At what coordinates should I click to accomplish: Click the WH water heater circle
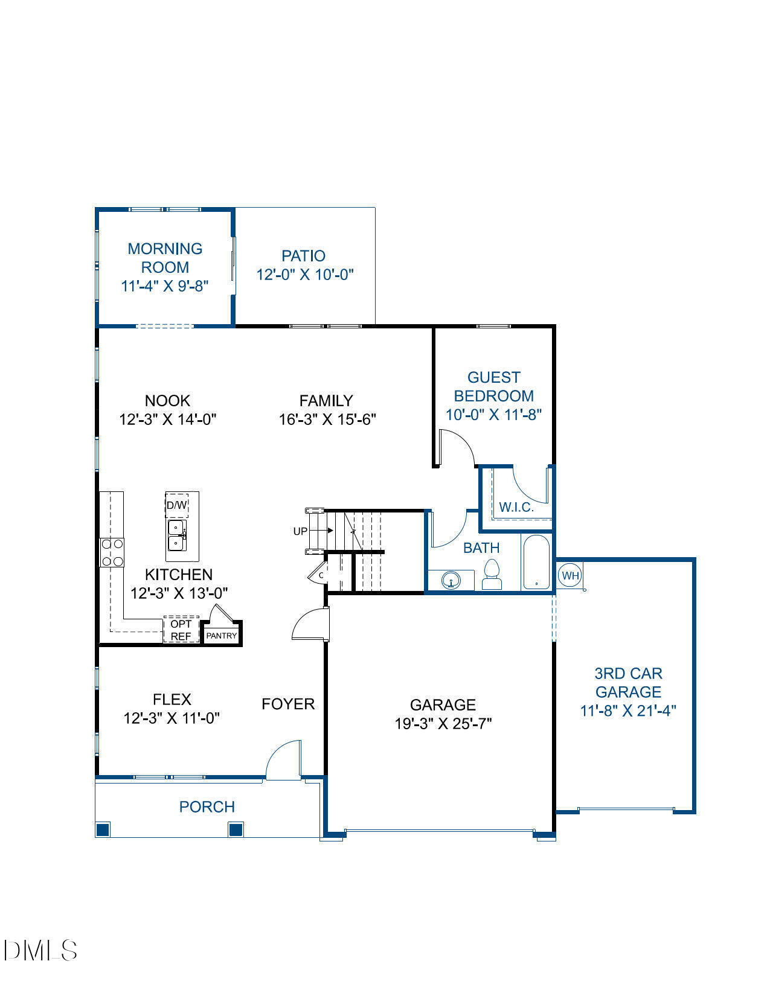569,575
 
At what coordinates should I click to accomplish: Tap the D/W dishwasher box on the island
177,505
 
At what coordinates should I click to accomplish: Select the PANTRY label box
222,636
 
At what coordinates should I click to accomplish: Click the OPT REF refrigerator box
181,630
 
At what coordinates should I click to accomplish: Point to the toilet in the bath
492,574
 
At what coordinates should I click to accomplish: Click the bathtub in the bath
536,562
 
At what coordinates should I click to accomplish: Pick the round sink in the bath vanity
451,581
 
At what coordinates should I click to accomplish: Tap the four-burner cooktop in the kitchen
112,552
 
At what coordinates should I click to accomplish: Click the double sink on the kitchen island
177,535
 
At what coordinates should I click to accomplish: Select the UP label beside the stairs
300,531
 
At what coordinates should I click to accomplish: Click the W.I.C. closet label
516,507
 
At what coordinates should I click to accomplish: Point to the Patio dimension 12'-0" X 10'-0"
304,275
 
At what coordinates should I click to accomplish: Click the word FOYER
288,704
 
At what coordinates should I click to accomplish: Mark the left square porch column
103,829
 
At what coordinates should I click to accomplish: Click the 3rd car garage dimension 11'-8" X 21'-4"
627,710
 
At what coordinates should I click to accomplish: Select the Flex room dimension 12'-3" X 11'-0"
172,718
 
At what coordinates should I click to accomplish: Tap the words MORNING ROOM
165,258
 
